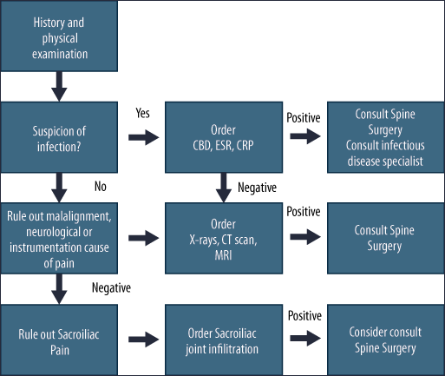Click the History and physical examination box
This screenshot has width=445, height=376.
pos(59,36)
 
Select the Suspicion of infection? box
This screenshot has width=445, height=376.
pos(59,137)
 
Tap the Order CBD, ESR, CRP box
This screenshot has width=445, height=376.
pos(224,137)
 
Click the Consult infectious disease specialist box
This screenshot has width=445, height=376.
pos(386,137)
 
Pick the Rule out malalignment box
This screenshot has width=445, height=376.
pos(59,238)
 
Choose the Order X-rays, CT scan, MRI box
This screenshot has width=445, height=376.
pos(224,238)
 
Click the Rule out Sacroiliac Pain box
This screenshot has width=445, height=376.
pos(59,340)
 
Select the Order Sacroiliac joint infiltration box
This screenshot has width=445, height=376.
pos(224,340)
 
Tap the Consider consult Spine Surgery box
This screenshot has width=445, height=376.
pos(386,340)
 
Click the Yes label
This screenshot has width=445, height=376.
pos(142,113)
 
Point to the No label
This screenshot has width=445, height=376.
pos(101,187)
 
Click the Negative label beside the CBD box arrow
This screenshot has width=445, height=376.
pos(257,188)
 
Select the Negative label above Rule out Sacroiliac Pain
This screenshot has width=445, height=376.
pos(111,288)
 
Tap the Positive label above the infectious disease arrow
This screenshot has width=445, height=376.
pos(304,118)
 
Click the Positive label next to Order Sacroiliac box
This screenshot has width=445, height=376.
pos(304,316)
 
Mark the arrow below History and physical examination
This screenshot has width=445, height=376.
pos(59,86)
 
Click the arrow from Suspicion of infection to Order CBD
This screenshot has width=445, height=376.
pos(144,137)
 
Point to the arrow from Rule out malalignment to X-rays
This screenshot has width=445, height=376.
pos(144,238)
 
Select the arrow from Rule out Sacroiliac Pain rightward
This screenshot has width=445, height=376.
pos(144,340)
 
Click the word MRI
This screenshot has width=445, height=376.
pos(223,255)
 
